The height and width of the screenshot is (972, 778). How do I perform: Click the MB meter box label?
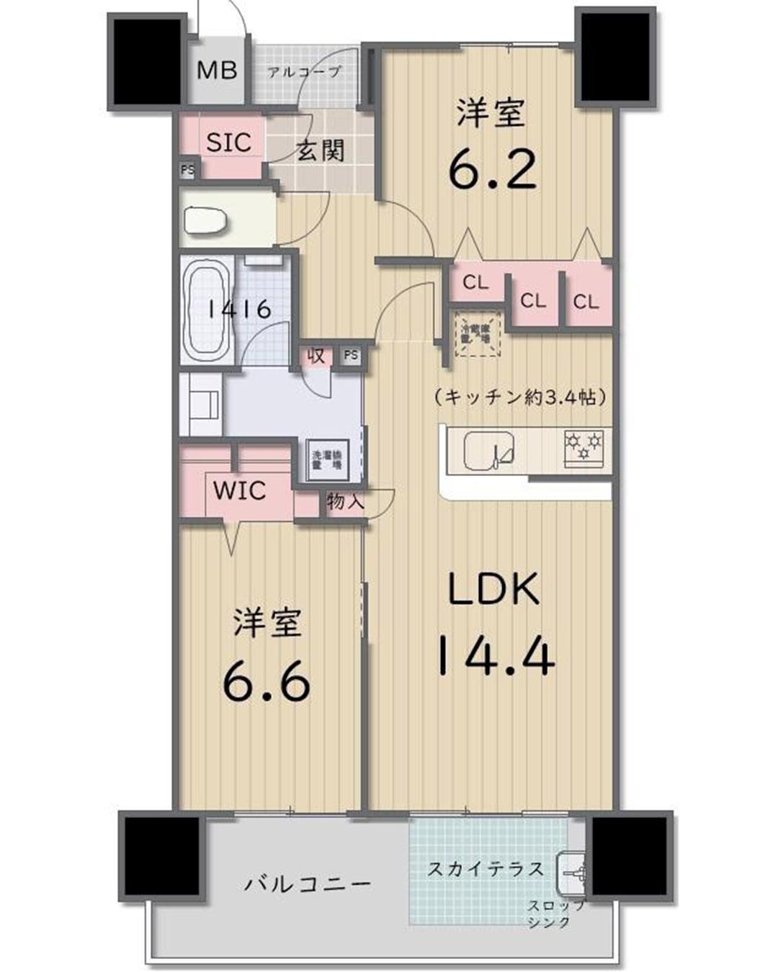(217, 71)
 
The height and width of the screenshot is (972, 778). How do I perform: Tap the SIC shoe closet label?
(228, 143)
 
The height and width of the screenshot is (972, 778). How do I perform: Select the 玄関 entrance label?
(321, 151)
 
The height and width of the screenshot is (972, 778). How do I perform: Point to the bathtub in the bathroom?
(207, 309)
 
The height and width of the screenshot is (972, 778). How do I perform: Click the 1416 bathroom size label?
(239, 310)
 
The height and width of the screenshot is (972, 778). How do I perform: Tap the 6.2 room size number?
(493, 170)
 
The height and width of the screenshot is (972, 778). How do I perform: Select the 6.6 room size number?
(267, 682)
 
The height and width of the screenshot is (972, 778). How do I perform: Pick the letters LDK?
(494, 590)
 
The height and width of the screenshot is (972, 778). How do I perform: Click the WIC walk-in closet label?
(240, 492)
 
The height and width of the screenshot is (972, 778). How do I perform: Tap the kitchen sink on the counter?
(489, 451)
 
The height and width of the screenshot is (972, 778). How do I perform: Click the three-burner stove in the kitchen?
(583, 446)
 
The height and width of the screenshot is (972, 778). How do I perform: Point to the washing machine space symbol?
(327, 459)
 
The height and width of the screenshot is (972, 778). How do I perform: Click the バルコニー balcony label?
(308, 883)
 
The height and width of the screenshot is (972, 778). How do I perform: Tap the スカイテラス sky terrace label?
(486, 869)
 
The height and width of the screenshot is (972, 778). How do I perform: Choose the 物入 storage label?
(345, 501)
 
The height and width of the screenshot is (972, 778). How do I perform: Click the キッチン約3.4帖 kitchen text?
(519, 397)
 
